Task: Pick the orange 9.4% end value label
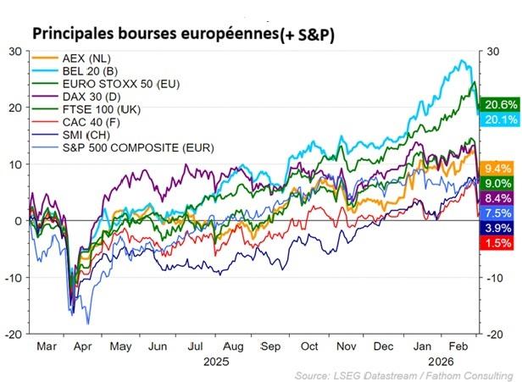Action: pos(497,168)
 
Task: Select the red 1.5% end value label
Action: pos(497,243)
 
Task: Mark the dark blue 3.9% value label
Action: pos(497,228)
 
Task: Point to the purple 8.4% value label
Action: pos(497,198)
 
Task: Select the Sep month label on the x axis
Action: pos(271,347)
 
